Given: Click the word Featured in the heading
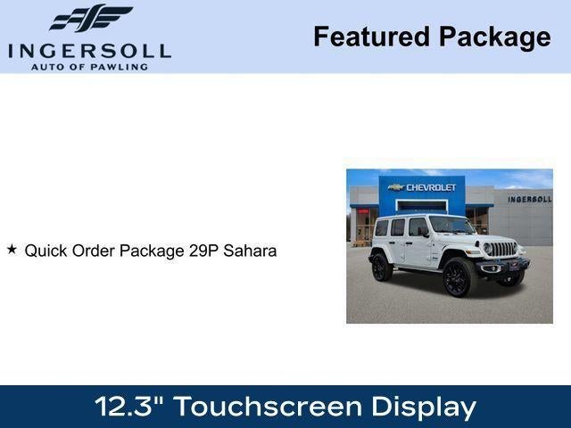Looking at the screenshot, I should point(370,37).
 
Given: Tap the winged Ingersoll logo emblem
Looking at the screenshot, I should point(90,18).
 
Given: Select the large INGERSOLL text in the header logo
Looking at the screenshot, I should point(89,50).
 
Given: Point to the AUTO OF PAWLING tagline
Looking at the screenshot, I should point(89,67).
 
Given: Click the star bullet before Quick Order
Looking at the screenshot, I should point(12,250).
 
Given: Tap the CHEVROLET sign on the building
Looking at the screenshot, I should point(431,187).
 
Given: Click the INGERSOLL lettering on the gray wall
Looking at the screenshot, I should point(529,199).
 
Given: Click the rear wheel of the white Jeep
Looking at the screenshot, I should point(382,267).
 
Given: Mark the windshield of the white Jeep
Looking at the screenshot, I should point(451,225).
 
